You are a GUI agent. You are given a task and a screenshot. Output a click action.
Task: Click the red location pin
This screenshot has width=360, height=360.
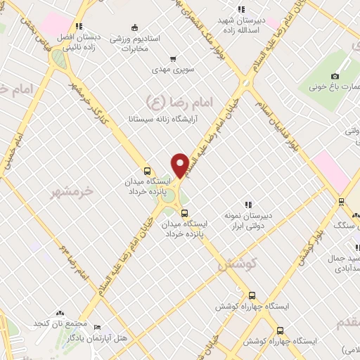pos(180,164)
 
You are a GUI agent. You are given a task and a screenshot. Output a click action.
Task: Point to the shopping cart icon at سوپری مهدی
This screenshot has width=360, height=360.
pos(173,59)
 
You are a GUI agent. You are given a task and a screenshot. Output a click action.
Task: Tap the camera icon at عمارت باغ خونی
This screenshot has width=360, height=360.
pos(335,76)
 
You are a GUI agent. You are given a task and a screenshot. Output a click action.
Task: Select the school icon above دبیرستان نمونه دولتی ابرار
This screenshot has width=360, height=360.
pos(247,204)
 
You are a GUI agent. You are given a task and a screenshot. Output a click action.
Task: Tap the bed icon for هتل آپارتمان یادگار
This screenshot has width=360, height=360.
pos(97,328)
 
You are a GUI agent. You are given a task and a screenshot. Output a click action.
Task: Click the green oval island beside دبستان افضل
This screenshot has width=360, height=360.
pos(60,60)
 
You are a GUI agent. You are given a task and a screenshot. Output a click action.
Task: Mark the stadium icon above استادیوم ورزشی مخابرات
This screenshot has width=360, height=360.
pos(134,27)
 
